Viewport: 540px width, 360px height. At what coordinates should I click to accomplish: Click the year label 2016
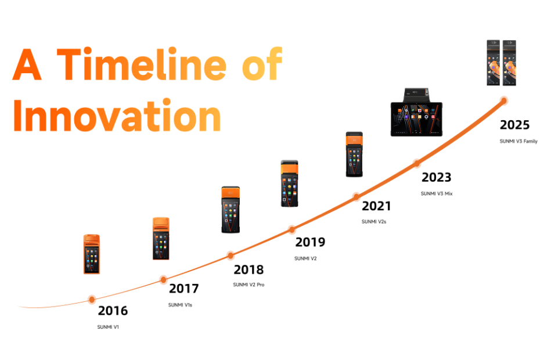113,311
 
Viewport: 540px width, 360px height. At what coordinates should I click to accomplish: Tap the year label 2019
310,242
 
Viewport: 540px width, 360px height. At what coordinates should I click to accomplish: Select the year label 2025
514,125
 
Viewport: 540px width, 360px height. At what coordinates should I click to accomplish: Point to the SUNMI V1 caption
108,327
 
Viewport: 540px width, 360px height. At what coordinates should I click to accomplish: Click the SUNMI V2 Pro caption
249,285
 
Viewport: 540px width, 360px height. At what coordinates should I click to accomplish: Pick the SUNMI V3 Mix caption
437,193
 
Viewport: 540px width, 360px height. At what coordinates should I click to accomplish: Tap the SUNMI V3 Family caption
519,141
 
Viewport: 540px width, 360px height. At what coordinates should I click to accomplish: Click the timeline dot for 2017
164,279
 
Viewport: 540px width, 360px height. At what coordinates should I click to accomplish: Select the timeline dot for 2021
357,197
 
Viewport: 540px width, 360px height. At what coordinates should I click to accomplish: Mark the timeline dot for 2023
417,163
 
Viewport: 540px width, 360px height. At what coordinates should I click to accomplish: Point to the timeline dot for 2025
503,100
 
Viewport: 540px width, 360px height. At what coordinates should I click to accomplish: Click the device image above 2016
92,254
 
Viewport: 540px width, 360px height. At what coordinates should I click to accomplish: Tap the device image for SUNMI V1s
161,239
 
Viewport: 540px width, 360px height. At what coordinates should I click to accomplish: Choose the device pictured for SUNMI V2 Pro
231,210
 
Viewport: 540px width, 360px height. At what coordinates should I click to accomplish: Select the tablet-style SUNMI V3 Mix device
416,112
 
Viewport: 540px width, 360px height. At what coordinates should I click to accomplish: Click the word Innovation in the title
117,116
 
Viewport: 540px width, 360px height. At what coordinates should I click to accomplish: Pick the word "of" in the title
262,63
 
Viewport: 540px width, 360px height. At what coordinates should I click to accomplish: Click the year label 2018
249,270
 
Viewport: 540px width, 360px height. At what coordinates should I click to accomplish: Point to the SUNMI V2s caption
374,222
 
